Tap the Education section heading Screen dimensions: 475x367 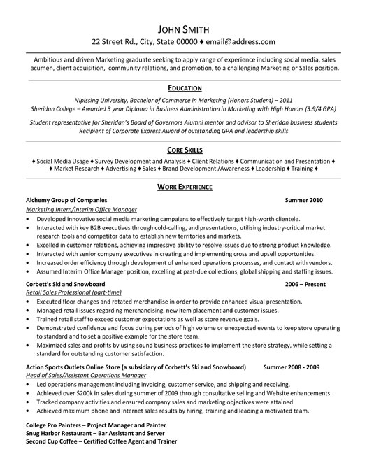pyautogui.click(x=183, y=88)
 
